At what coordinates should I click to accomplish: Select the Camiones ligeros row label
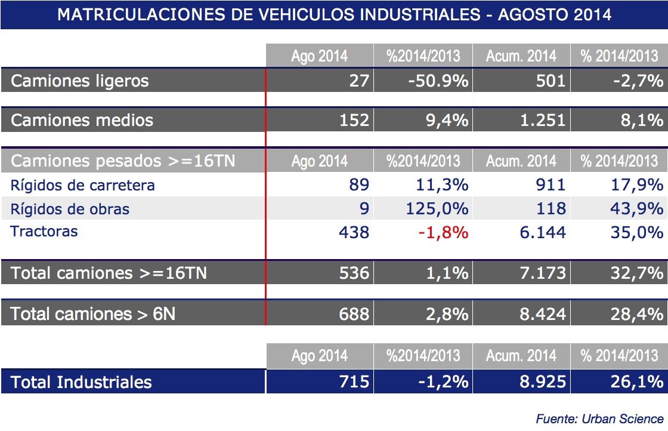click(79, 81)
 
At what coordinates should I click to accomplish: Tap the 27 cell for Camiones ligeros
click(359, 81)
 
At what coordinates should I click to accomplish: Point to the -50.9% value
click(438, 81)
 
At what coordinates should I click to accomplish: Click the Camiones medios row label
click(82, 121)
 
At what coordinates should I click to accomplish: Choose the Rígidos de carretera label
click(83, 185)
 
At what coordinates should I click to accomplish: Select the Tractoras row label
click(44, 231)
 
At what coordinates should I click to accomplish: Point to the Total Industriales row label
click(81, 382)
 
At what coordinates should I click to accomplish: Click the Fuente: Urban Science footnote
click(600, 418)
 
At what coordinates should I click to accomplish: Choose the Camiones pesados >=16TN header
click(122, 161)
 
